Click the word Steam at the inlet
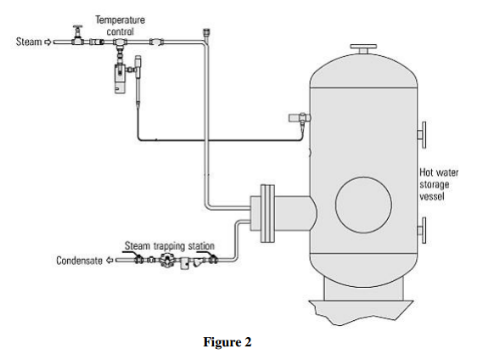28,41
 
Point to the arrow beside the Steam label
48,41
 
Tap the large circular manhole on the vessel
364,205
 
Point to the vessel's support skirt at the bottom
362,298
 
